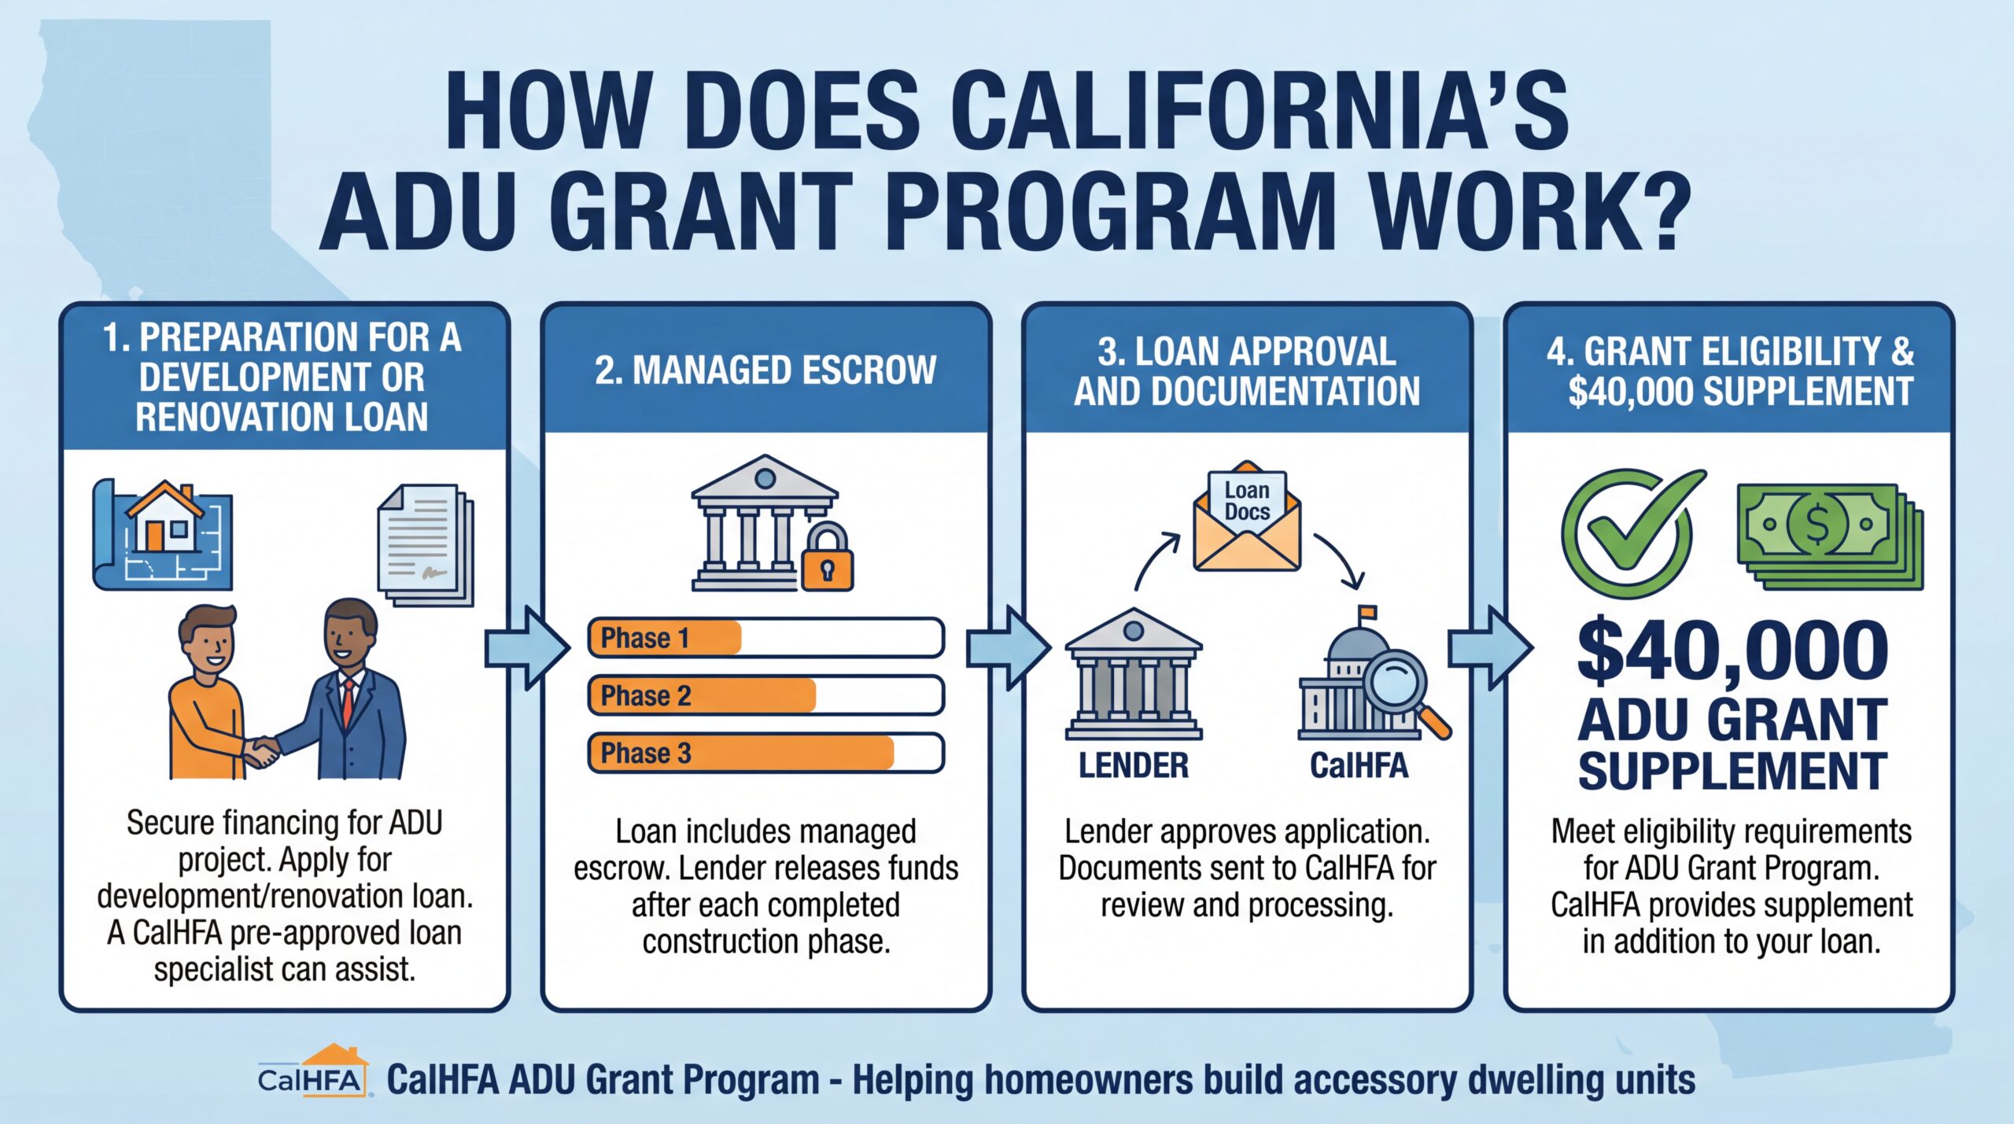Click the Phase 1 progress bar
765,637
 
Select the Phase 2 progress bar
765,695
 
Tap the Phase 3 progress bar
765,753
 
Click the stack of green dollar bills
1830,536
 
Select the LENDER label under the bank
1133,765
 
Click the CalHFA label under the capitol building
1359,765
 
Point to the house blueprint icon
163,535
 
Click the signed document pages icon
426,544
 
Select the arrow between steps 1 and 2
527,647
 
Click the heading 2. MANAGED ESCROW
765,370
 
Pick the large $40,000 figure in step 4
1733,650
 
